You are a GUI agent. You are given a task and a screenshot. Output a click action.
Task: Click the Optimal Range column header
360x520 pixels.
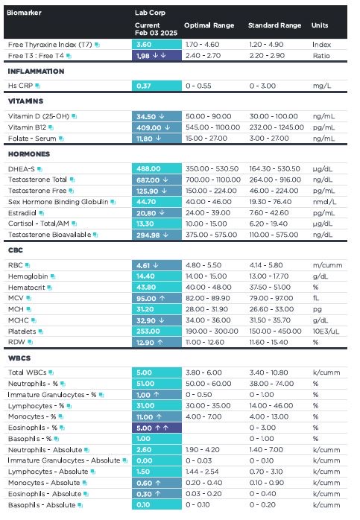209,25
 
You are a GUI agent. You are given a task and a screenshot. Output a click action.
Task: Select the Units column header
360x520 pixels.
320,25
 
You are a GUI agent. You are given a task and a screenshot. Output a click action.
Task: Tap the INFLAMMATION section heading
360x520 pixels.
37,72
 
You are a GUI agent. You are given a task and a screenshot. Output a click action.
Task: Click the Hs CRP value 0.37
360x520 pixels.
144,86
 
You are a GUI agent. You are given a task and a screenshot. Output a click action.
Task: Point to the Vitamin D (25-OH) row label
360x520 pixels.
39,116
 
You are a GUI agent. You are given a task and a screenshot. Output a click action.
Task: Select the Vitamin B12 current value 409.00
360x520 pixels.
148,127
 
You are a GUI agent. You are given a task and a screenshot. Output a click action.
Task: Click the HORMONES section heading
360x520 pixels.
29,154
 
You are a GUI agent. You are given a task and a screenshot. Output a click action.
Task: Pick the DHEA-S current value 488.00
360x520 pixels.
148,168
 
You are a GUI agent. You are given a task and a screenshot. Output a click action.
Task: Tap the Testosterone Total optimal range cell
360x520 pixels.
213,180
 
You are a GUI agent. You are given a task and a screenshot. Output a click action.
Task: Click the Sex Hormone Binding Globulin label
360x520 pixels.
58,202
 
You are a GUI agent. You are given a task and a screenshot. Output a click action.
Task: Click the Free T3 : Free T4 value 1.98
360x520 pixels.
143,56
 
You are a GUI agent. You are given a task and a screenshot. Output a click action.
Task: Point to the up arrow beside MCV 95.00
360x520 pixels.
162,298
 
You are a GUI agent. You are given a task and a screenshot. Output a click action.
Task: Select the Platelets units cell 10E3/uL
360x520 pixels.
326,331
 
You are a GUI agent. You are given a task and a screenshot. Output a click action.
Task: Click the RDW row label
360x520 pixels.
16,342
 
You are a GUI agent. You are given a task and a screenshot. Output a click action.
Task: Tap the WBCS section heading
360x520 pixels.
19,358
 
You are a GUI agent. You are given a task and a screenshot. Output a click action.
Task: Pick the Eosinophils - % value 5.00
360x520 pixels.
144,428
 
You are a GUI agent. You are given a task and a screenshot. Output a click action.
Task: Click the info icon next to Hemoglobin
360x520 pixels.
53,276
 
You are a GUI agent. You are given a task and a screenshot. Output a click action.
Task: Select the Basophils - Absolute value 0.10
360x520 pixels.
143,505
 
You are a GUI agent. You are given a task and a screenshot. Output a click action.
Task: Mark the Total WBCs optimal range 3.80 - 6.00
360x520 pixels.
203,372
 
